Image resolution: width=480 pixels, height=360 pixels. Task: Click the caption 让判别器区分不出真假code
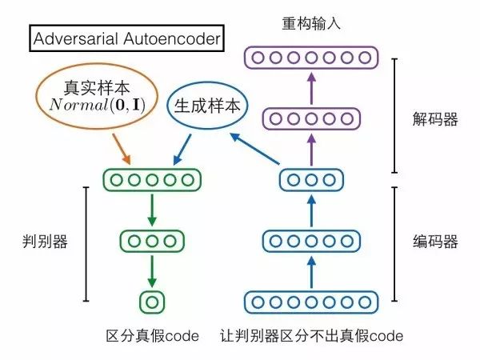pyautogui.click(x=311, y=337)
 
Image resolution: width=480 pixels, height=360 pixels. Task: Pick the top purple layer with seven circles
pyautogui.click(x=310, y=58)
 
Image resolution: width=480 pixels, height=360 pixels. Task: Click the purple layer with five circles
pyautogui.click(x=310, y=118)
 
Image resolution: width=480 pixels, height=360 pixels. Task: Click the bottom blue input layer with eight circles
pyautogui.click(x=310, y=302)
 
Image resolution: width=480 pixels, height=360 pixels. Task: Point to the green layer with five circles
pyautogui.click(x=150, y=178)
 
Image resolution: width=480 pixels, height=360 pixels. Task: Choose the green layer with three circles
pyautogui.click(x=150, y=240)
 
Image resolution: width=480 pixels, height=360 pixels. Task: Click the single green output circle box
pyautogui.click(x=150, y=302)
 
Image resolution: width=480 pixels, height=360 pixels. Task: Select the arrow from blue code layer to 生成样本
pyautogui.click(x=253, y=150)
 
